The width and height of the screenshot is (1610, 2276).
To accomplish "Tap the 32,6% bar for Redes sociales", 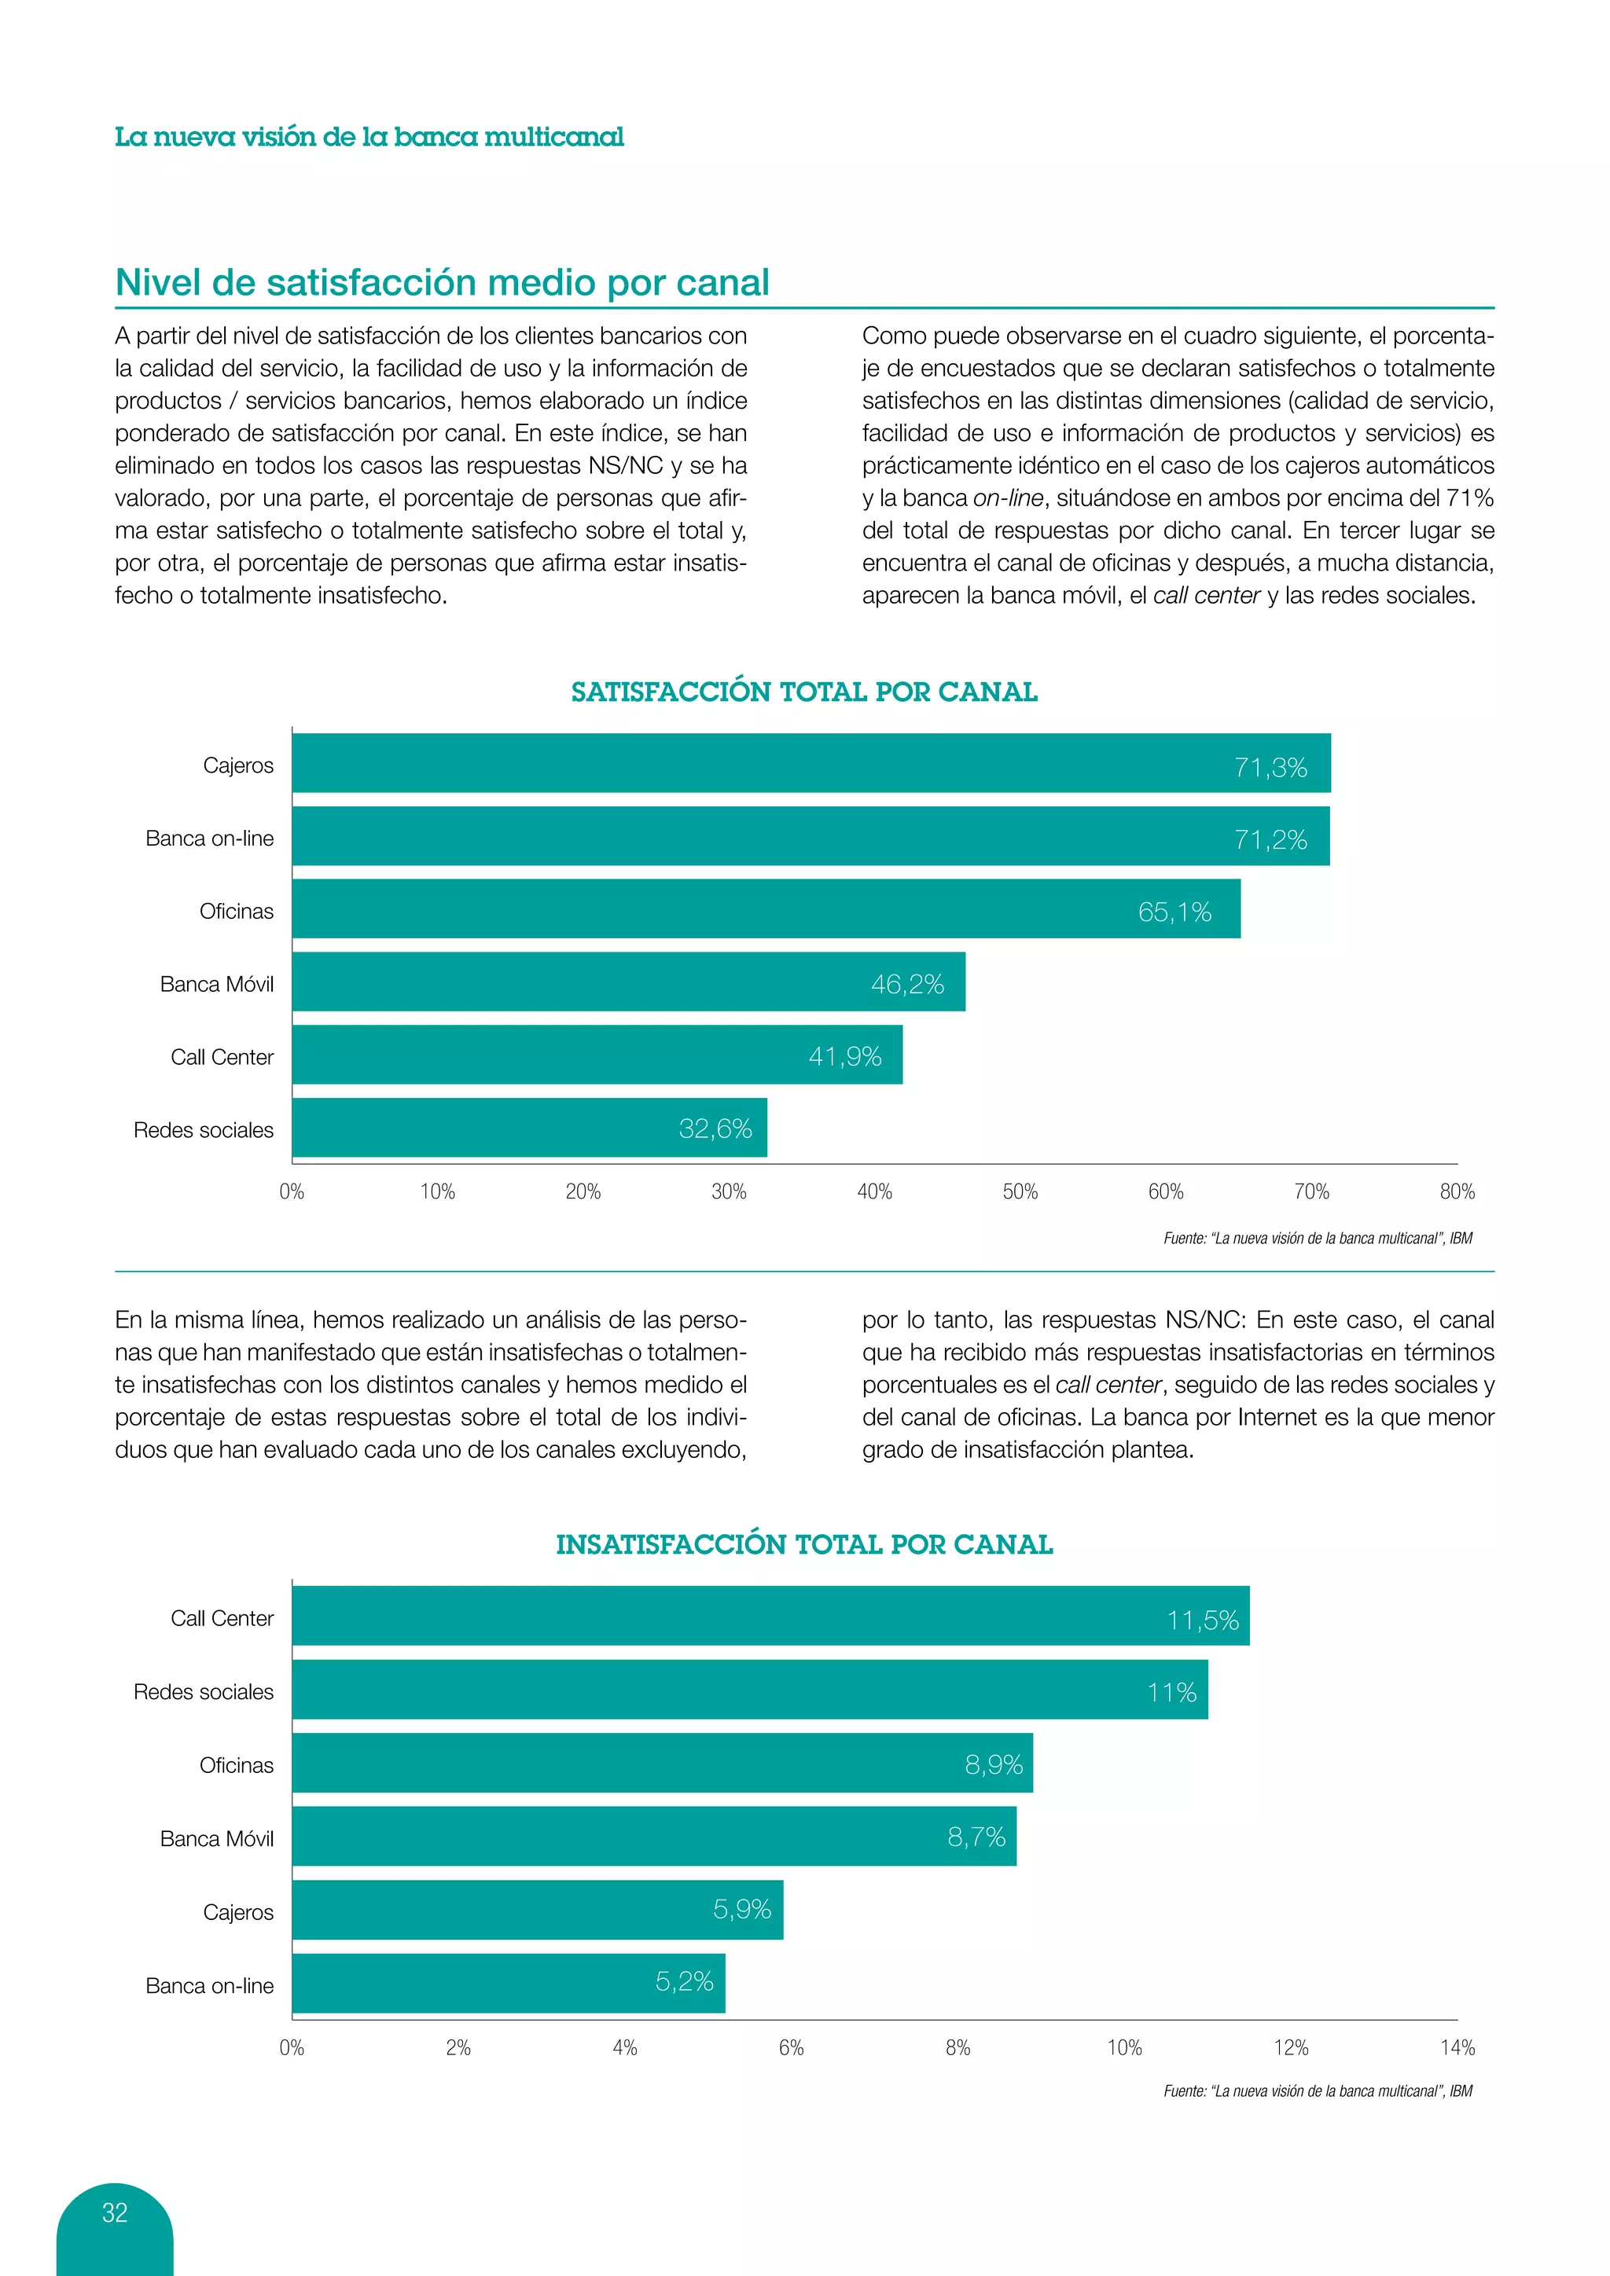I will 528,1128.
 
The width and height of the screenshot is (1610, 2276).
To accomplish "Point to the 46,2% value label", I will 907,984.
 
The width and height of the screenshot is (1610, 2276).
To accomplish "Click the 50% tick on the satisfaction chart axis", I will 1020,1191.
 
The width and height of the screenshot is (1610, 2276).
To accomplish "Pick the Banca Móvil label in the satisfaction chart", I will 216,984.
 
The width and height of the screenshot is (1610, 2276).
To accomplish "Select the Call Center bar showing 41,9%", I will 597,1055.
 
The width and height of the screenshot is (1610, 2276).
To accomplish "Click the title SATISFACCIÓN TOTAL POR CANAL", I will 804,692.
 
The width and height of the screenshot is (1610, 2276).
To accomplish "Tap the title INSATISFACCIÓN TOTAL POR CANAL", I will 804,1544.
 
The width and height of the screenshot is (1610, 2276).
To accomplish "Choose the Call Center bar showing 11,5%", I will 770,1617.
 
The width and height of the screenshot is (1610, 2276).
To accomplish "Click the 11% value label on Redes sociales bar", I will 1172,1692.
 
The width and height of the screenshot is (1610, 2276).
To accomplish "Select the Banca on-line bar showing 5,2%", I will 508,1984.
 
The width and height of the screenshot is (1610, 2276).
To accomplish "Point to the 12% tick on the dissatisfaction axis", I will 1291,2048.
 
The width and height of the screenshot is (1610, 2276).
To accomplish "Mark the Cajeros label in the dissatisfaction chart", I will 238,1912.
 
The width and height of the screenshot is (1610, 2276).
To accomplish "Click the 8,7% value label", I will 976,1837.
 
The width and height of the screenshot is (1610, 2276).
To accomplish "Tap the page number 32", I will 115,2212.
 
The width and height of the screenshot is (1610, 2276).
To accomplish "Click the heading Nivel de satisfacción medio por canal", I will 442,282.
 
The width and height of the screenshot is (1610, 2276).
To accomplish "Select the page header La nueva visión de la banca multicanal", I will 369,137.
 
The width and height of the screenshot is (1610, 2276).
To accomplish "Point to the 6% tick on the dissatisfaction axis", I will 791,2048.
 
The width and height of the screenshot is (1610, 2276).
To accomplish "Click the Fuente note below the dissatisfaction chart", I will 1318,2091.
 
